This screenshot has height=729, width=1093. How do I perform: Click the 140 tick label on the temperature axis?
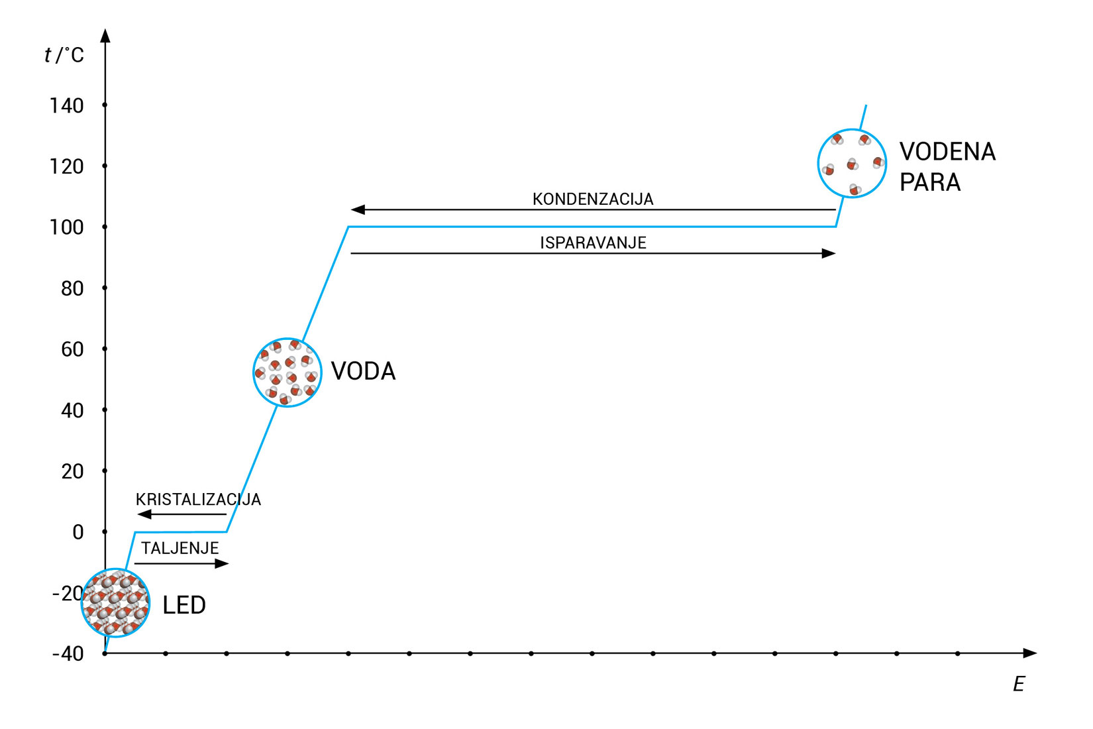tap(66, 106)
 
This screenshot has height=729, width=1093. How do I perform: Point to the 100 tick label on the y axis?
tap(66, 227)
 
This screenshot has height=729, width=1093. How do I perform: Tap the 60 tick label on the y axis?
tap(72, 349)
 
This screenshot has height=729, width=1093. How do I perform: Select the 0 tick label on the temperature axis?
tap(78, 532)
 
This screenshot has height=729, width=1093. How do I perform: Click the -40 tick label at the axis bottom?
tap(68, 654)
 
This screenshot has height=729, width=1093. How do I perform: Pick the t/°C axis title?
tap(64, 55)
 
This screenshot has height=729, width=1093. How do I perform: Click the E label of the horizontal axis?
tap(1019, 685)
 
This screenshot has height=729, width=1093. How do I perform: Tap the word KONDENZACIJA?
tap(593, 199)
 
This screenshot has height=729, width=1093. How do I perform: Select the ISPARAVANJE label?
tap(593, 243)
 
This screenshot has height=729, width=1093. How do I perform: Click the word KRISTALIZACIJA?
tap(198, 500)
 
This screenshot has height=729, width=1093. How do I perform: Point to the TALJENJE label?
tap(180, 549)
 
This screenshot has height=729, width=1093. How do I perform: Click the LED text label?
tap(184, 605)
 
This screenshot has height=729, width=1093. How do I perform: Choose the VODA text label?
tap(363, 371)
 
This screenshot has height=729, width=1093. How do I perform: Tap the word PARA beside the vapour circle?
tap(929, 182)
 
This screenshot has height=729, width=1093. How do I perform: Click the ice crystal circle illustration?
tap(115, 603)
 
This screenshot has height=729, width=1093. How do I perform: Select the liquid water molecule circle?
tap(287, 372)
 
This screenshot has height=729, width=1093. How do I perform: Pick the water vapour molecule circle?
tap(852, 164)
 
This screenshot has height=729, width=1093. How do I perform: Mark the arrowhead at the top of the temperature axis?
tap(105, 35)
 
